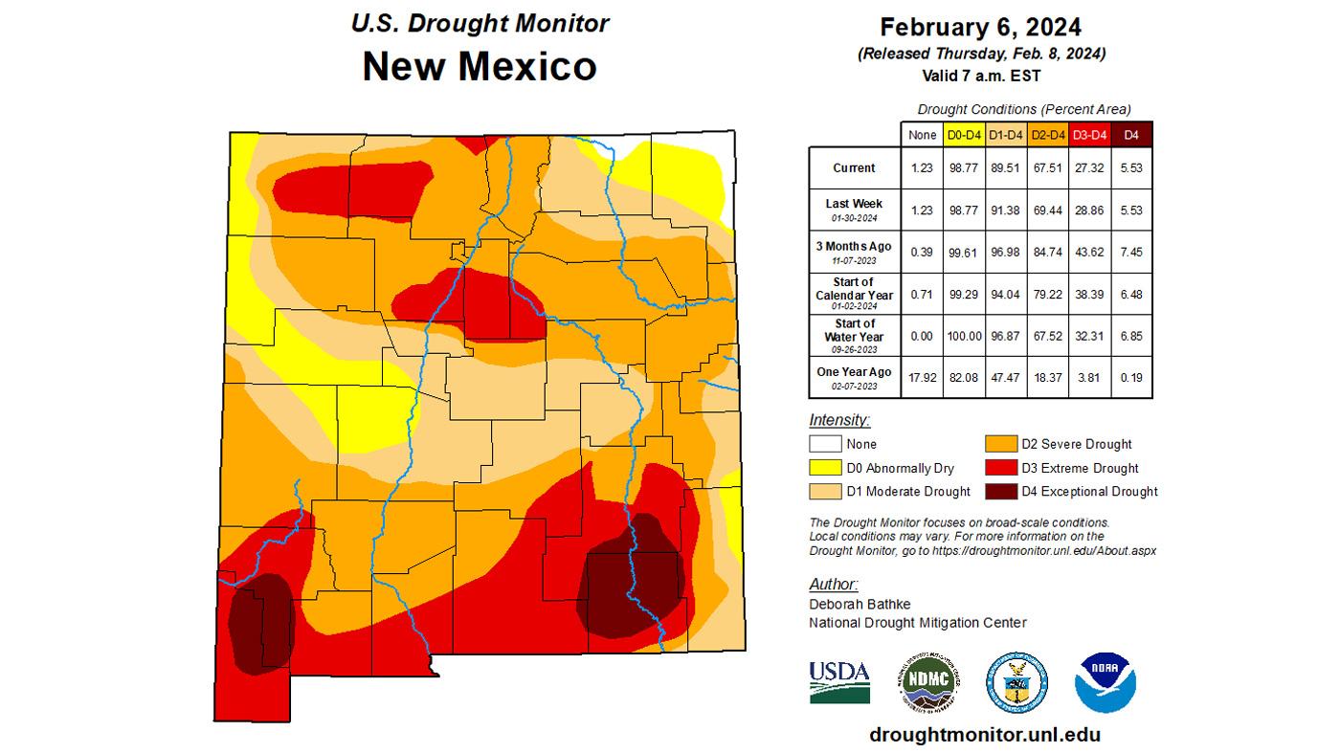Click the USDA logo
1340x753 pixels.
tap(839, 681)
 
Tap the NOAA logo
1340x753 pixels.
tap(1105, 682)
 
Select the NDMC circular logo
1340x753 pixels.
tap(928, 682)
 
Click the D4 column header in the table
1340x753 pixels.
tap(1131, 135)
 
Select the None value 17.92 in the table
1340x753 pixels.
tap(922, 377)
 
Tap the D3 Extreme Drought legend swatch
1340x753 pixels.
tap(1001, 468)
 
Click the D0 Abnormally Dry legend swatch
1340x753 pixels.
tap(825, 468)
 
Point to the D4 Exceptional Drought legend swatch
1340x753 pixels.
tap(1001, 491)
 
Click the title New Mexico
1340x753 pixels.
tap(479, 66)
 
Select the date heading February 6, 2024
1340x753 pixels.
tap(981, 26)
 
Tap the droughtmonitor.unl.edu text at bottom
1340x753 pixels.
tap(985, 735)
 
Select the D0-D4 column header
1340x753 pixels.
tap(963, 135)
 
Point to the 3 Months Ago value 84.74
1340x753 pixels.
tap(1047, 252)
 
